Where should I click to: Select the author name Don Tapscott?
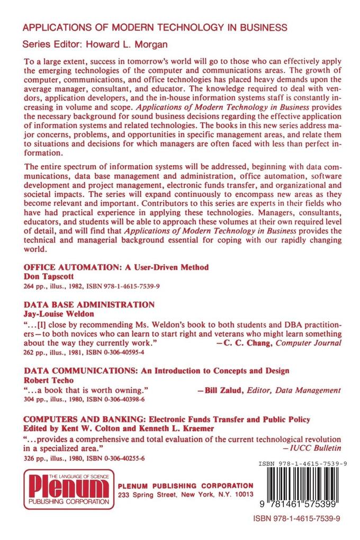point(49,276)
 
